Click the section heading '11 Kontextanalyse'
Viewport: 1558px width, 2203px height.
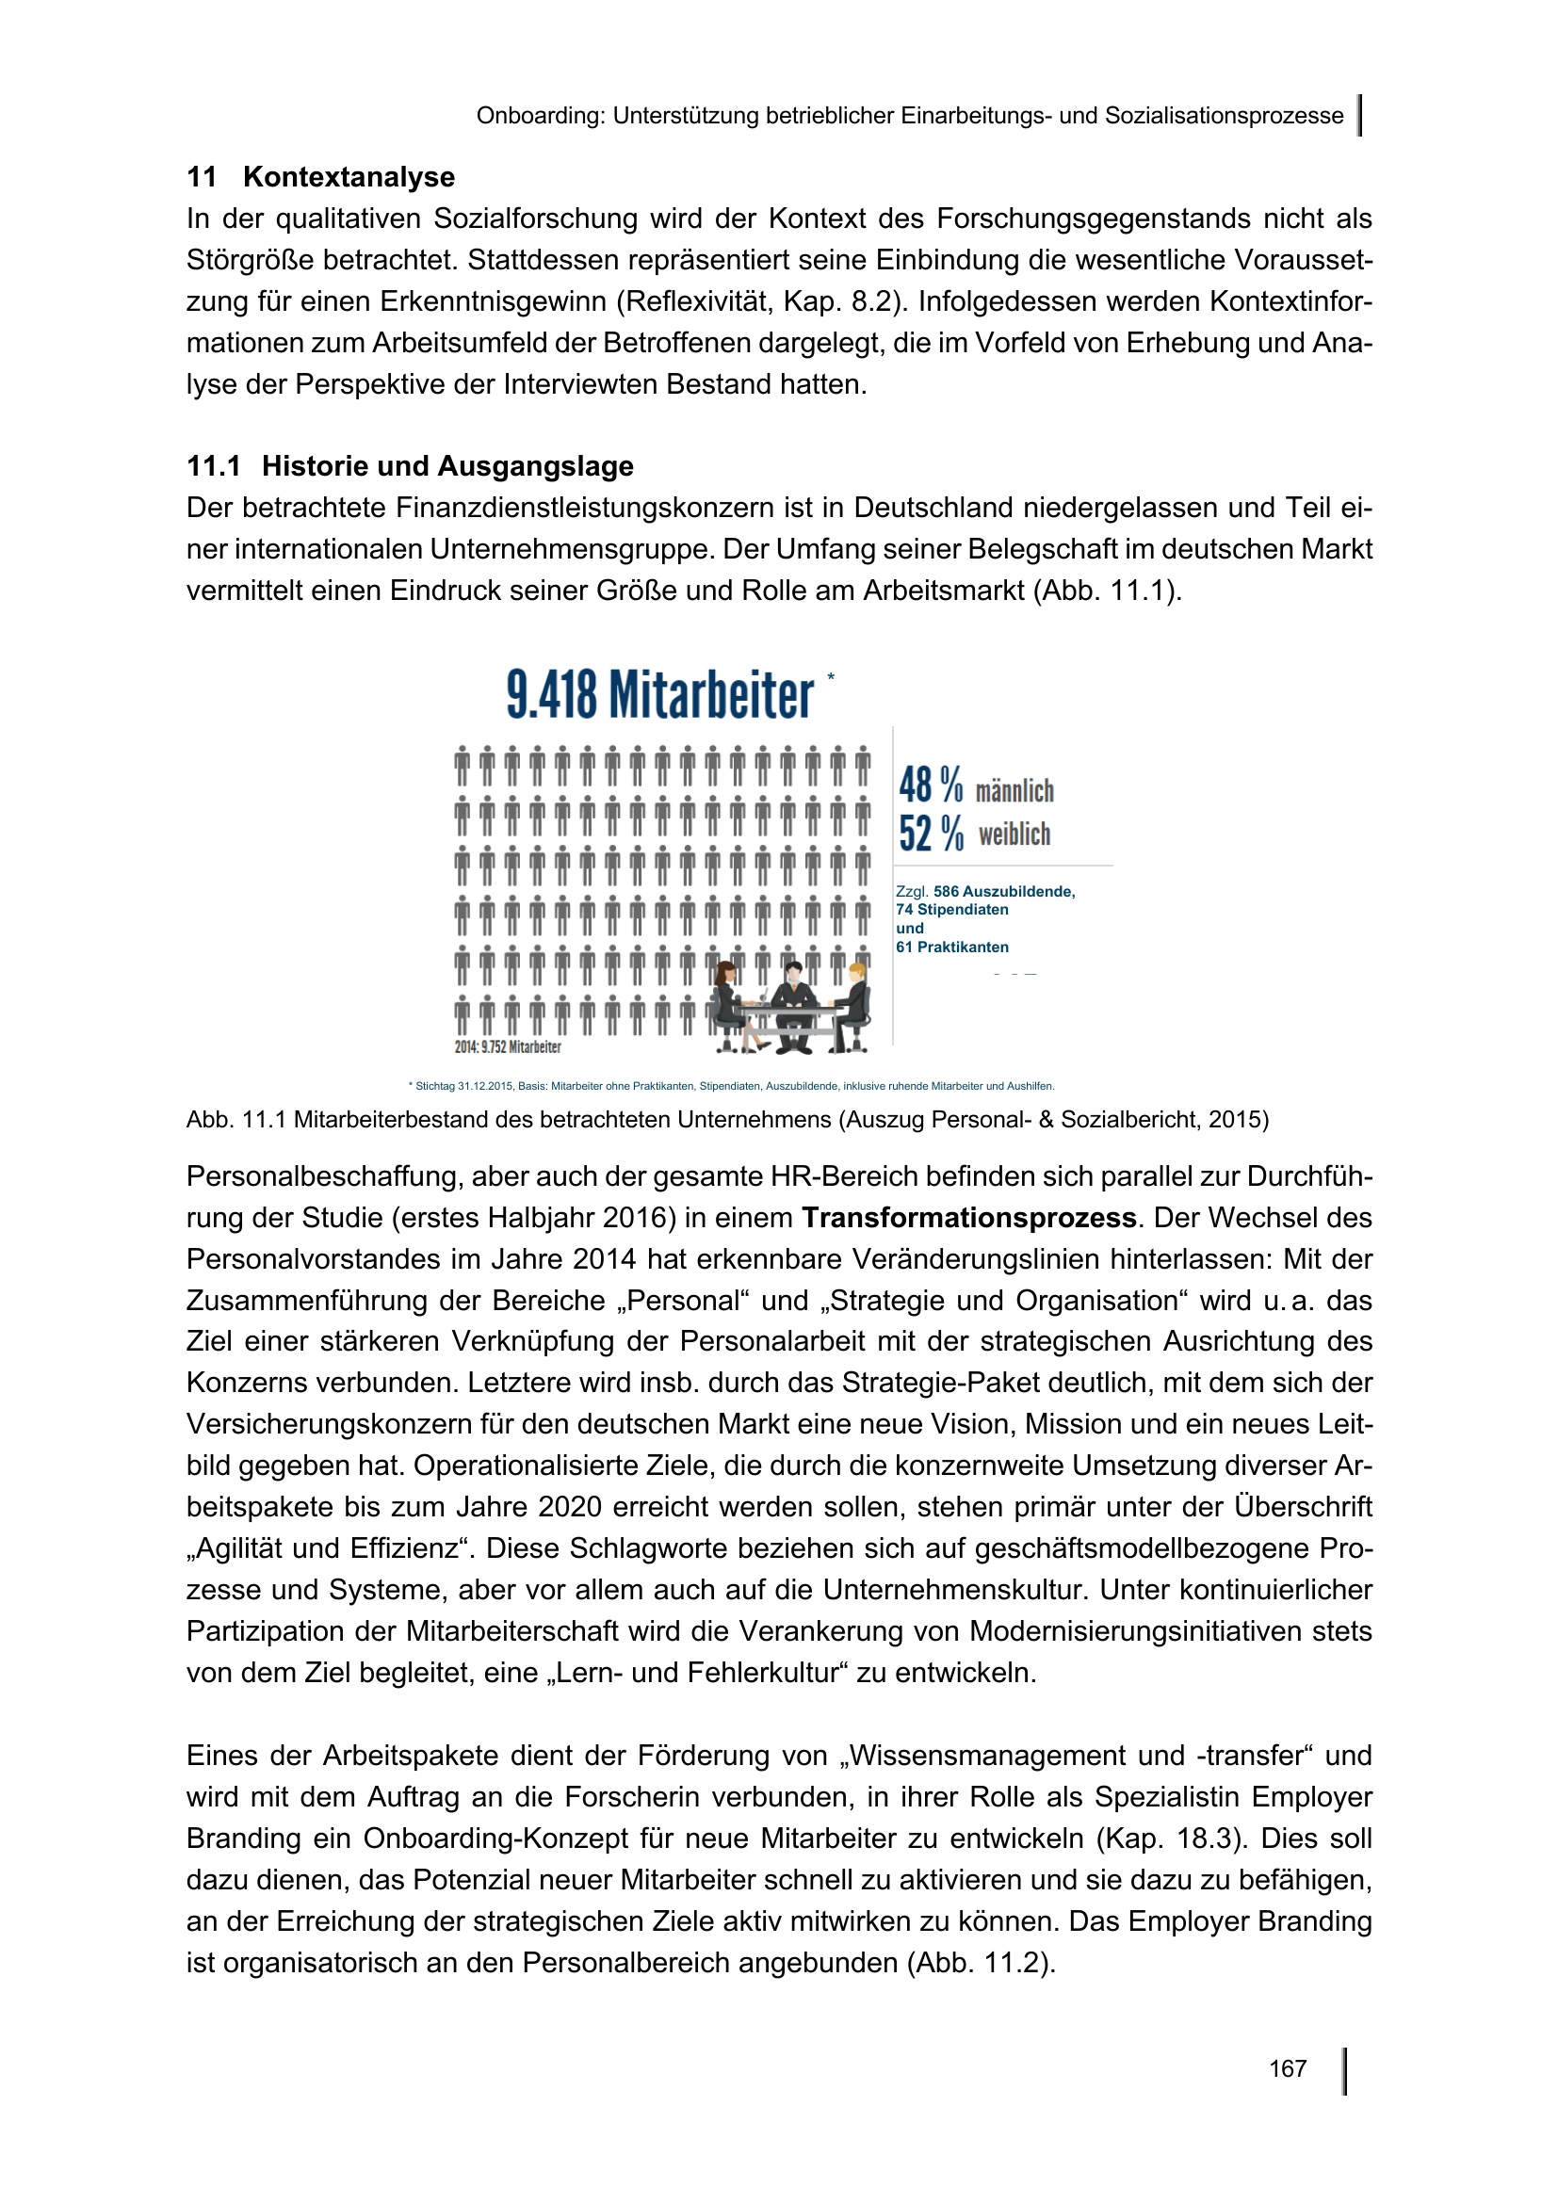pos(320,177)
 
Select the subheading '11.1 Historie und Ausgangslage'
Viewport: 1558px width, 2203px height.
pos(410,466)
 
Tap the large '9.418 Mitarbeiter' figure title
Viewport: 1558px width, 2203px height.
pos(660,695)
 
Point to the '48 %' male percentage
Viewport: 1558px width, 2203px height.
pos(931,786)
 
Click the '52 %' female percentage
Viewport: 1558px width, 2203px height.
pos(931,833)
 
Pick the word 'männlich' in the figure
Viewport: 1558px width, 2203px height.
pos(1014,790)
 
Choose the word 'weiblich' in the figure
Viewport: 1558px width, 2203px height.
pos(1014,834)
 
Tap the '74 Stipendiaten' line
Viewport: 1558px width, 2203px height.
pos(951,910)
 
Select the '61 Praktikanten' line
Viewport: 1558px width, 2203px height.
pos(951,947)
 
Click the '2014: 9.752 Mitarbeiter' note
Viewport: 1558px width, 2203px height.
pos(508,1046)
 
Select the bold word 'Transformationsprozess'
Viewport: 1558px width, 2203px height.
pos(969,1218)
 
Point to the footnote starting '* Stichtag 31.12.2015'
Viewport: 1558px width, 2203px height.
pos(731,1086)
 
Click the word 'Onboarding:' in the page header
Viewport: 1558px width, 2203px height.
pos(540,116)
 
